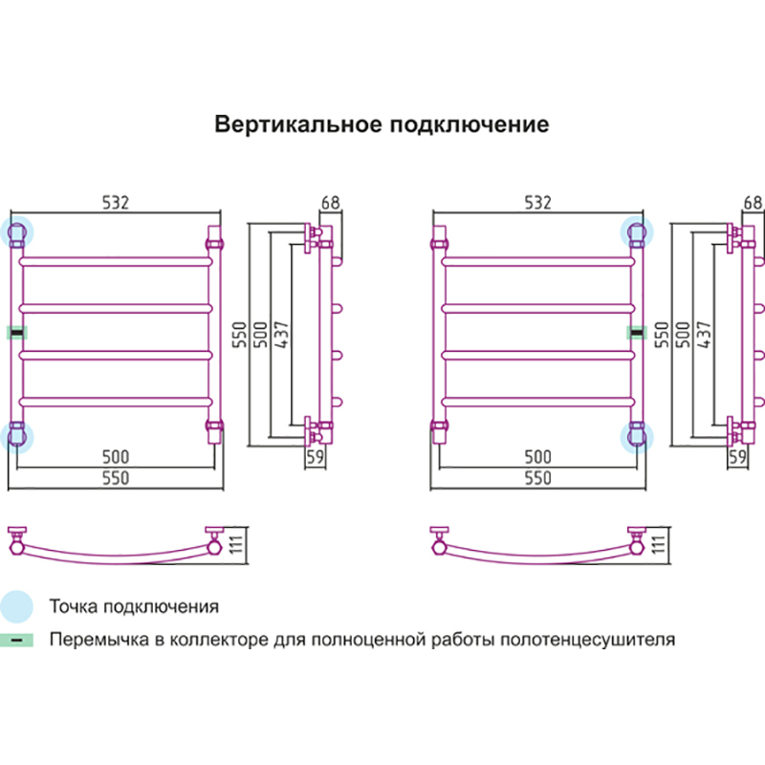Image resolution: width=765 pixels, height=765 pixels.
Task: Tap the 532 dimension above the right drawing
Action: point(537,203)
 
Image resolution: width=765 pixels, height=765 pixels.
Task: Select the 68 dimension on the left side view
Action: point(330,203)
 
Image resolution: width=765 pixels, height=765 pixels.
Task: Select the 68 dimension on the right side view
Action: point(753,203)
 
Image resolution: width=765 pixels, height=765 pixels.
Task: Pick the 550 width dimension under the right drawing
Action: point(537,478)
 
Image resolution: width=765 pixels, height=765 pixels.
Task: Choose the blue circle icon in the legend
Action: point(16,606)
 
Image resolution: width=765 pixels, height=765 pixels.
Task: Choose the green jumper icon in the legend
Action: point(16,640)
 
